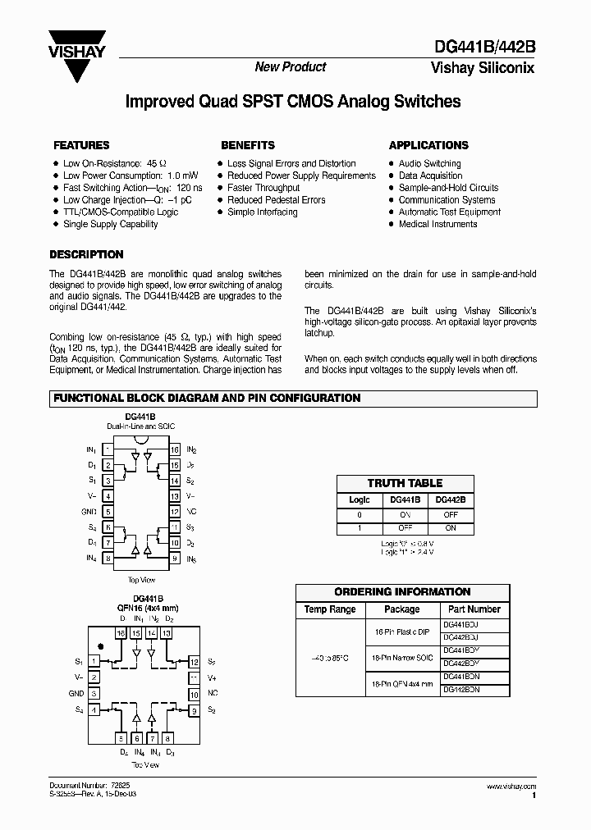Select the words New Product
(x=290, y=67)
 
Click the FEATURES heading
(x=81, y=145)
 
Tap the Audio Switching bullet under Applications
(x=429, y=163)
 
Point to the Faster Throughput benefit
(x=263, y=188)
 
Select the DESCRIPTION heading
(x=86, y=254)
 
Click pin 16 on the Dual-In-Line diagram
(x=175, y=450)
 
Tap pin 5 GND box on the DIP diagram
(x=108, y=512)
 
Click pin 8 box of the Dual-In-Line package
(x=108, y=559)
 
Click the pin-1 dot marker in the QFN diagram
(x=101, y=644)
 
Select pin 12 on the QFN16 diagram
(x=194, y=661)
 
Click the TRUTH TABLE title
(x=405, y=483)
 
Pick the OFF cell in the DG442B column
(x=450, y=514)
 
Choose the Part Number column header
(x=474, y=609)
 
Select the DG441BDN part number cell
(x=460, y=677)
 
